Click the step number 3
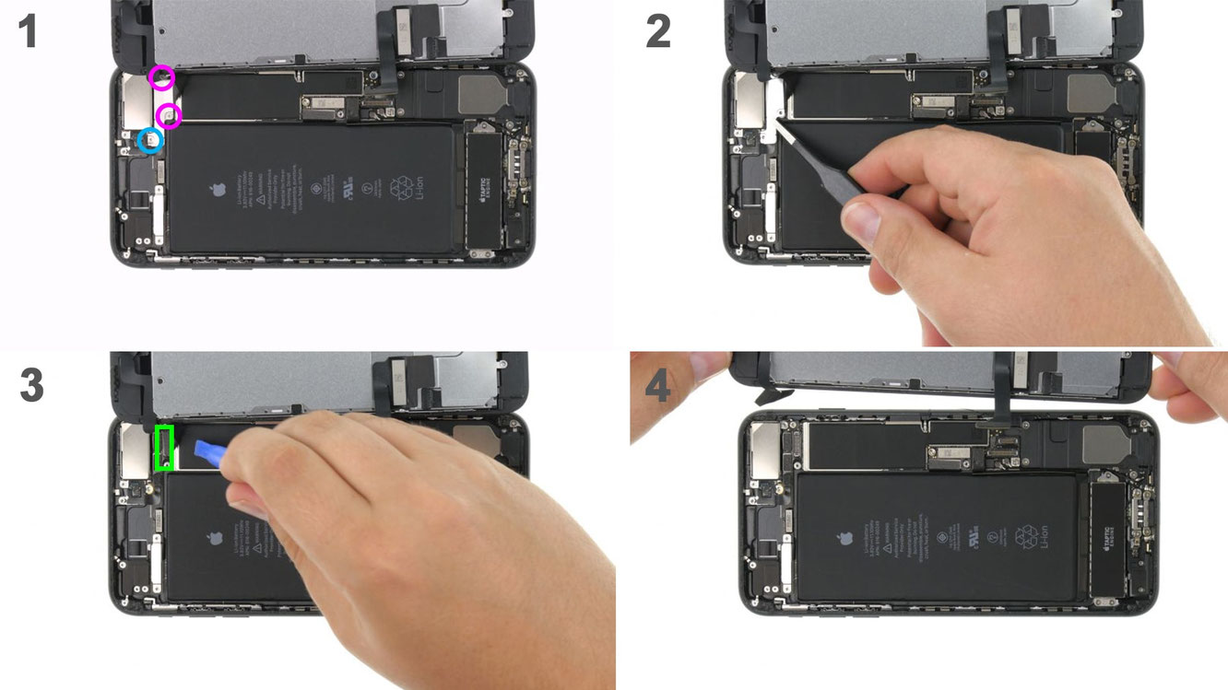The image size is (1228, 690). point(31,385)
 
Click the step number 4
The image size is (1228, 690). point(657,386)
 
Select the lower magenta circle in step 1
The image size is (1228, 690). point(169,116)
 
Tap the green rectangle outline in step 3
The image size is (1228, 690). point(165,448)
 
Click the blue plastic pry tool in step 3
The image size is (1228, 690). point(209,450)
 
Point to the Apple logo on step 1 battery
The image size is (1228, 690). point(218,191)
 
